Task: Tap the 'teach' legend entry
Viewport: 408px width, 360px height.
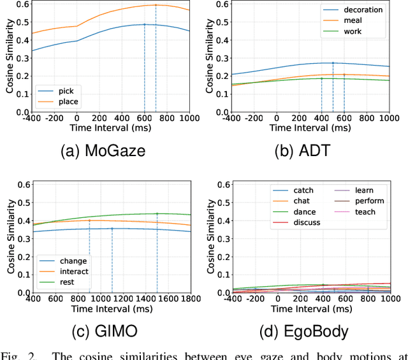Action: pos(365,212)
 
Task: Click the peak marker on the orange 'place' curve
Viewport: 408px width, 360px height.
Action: pos(156,5)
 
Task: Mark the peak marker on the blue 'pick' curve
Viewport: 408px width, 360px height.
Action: pos(144,24)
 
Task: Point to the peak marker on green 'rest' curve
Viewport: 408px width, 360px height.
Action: pos(157,213)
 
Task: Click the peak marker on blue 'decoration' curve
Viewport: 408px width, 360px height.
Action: pos(333,63)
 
